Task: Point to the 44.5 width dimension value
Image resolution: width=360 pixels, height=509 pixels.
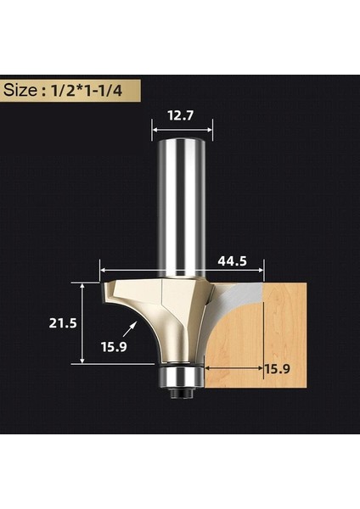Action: click(232, 262)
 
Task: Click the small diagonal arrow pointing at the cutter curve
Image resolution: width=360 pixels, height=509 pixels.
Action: click(130, 327)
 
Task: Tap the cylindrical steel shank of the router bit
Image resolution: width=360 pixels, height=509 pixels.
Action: click(183, 204)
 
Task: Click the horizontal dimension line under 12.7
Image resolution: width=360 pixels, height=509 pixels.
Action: click(183, 130)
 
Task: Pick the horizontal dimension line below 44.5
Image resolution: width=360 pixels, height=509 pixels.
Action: click(183, 271)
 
